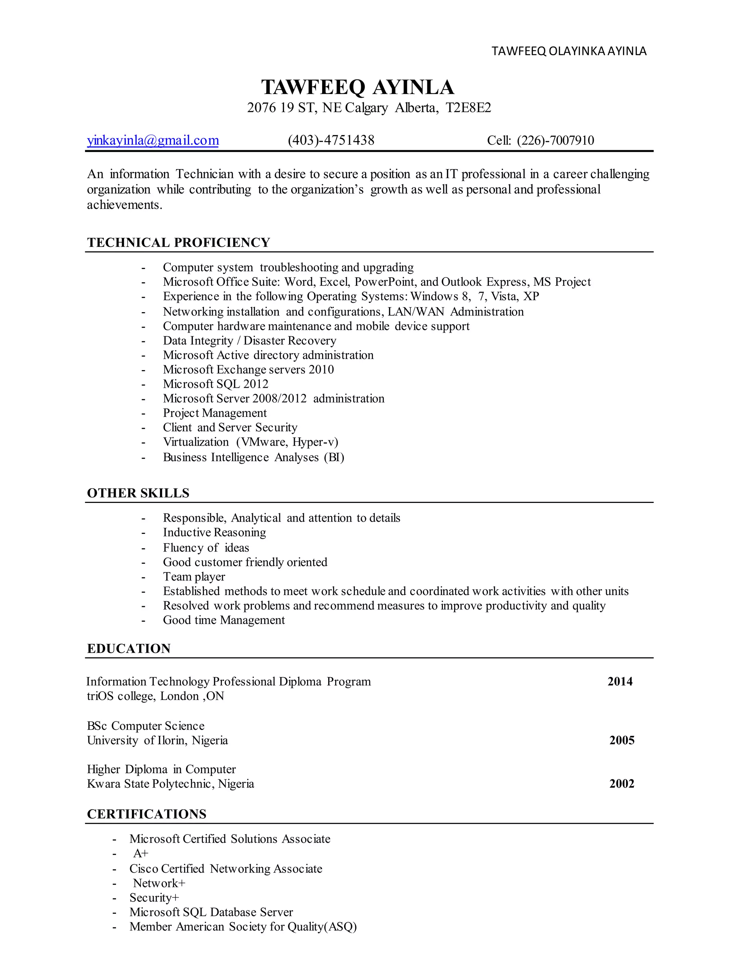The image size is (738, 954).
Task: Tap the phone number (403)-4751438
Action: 331,141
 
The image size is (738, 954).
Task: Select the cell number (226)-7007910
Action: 555,141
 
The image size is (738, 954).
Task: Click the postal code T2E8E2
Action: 468,108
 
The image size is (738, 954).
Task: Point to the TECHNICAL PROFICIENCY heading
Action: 178,242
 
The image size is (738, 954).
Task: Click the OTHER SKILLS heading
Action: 138,493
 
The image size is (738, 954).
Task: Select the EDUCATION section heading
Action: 129,649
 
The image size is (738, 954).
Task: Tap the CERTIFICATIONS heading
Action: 146,814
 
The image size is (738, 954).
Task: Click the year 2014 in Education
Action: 620,681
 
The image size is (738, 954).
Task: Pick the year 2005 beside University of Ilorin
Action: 622,741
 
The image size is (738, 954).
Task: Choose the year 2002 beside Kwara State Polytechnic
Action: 622,784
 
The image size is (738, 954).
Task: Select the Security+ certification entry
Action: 154,897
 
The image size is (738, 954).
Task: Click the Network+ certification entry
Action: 159,883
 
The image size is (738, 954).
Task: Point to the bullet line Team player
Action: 194,577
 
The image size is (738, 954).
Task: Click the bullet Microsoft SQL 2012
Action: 215,384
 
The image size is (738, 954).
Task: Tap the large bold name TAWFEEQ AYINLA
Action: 357,87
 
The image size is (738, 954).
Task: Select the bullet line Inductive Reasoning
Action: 214,532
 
